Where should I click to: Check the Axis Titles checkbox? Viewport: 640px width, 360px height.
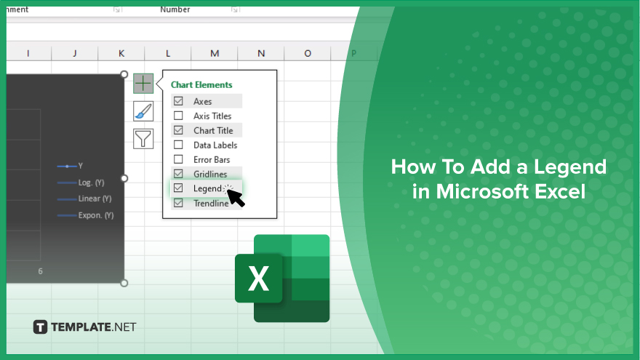(x=178, y=116)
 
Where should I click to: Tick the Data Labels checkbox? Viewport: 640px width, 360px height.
(x=178, y=145)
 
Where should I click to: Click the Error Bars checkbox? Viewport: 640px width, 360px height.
(x=178, y=159)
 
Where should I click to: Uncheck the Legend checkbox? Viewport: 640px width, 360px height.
(x=178, y=188)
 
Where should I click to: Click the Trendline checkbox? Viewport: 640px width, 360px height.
(x=178, y=203)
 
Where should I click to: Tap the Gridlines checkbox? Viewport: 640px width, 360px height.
(x=178, y=174)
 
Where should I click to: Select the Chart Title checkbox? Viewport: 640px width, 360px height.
(x=178, y=130)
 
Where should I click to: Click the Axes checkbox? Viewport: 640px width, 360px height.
(x=178, y=101)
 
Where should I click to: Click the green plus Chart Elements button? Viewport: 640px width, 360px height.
(x=143, y=84)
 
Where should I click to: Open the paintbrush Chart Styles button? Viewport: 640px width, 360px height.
(x=143, y=111)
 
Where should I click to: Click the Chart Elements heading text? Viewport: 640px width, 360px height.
(x=201, y=85)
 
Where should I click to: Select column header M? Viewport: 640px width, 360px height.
(x=215, y=54)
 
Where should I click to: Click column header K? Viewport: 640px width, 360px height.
(x=121, y=54)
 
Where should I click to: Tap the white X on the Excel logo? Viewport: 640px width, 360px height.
(x=259, y=279)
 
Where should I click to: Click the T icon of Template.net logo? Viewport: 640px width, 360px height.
(x=40, y=327)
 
